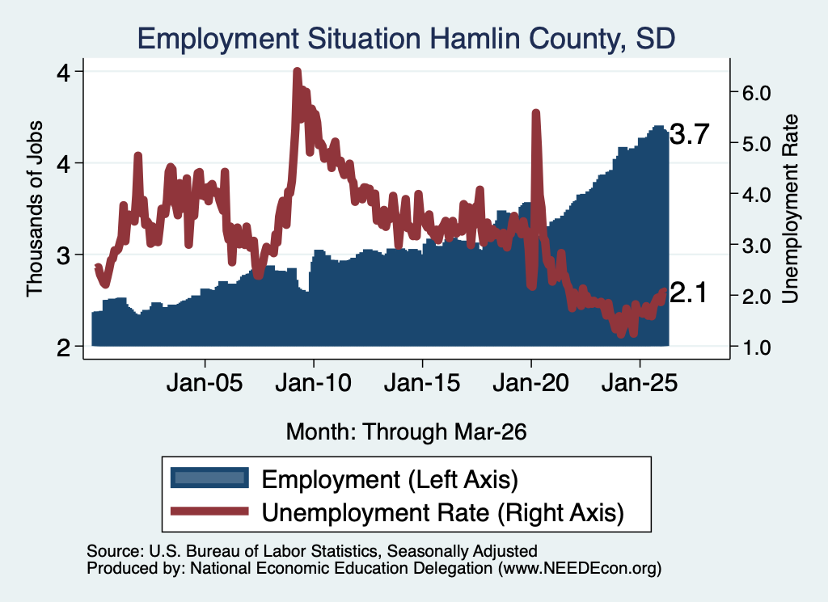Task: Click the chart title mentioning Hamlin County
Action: pos(406,39)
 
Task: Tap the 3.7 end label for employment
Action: pos(689,134)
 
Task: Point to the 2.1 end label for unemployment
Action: pos(688,293)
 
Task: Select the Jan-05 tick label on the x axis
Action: pos(205,382)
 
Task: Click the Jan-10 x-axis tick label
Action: pos(313,382)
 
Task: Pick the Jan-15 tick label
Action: pos(422,382)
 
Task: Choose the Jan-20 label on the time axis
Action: pos(530,382)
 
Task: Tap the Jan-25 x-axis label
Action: pos(640,382)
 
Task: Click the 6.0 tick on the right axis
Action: pos(756,94)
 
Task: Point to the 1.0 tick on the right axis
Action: pos(756,347)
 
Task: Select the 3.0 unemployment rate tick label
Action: pos(756,246)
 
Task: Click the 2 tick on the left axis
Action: pos(63,347)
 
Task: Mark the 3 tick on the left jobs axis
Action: pos(63,256)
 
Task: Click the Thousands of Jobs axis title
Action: pos(34,208)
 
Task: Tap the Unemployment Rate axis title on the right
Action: pos(790,208)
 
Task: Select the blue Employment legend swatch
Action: pos(209,478)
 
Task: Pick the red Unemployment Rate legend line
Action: pos(209,511)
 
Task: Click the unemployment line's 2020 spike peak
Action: pos(536,113)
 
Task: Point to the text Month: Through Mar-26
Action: pos(406,432)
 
